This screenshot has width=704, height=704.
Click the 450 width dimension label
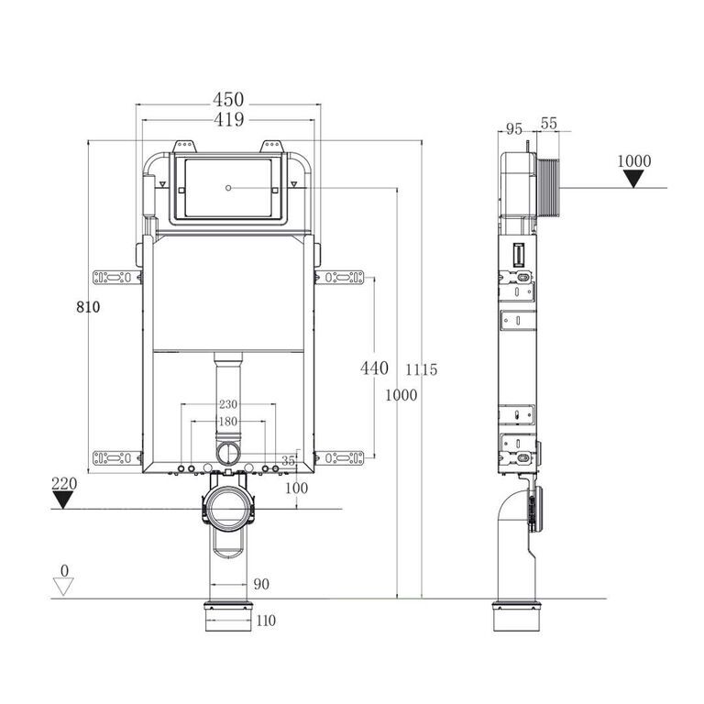[228, 99]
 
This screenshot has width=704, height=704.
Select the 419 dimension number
[228, 119]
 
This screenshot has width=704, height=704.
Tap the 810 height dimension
[88, 307]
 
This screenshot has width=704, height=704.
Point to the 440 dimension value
[374, 368]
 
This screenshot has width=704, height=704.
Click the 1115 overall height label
[421, 369]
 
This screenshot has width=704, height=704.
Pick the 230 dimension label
[228, 404]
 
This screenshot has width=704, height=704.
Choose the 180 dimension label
[228, 422]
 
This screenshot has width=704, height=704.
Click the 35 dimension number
[288, 461]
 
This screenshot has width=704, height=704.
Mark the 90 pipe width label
[261, 584]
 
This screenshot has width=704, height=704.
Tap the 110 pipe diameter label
[266, 621]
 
